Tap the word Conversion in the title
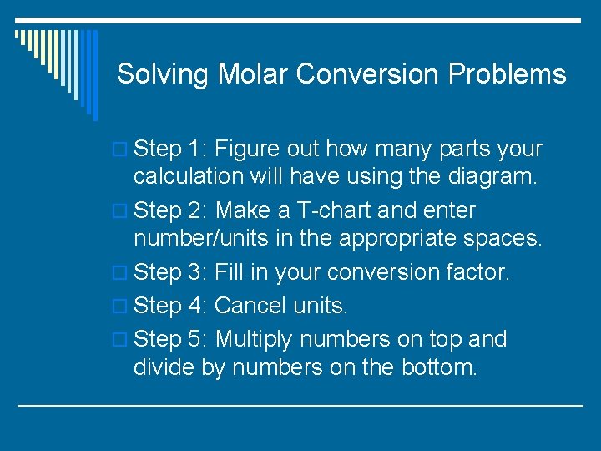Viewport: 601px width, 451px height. point(368,74)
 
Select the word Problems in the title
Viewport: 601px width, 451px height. point(507,74)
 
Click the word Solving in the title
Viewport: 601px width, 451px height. point(163,74)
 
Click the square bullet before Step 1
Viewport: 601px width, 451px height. point(121,150)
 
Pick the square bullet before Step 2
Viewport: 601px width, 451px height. point(121,212)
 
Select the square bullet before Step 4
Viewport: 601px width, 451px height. point(121,307)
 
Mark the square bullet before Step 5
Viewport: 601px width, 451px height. point(121,341)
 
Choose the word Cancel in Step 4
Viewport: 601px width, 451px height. point(250,306)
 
